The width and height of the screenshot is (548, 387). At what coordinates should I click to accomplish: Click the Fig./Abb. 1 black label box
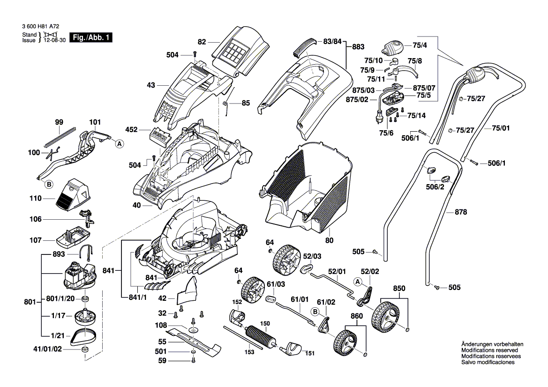click(91, 37)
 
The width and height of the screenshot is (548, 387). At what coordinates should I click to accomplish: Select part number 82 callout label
click(202, 42)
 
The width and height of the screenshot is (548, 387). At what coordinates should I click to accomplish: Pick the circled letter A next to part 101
click(119, 144)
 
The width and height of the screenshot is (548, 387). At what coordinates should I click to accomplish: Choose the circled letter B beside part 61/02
click(315, 311)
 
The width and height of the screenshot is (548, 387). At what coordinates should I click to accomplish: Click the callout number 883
click(358, 47)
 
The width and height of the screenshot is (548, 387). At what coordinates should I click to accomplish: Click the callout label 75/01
click(501, 128)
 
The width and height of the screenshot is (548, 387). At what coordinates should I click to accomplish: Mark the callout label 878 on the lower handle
click(461, 212)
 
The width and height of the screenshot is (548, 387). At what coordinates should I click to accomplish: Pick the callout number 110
click(37, 199)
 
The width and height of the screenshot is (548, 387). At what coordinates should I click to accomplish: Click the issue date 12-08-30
click(53, 41)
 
